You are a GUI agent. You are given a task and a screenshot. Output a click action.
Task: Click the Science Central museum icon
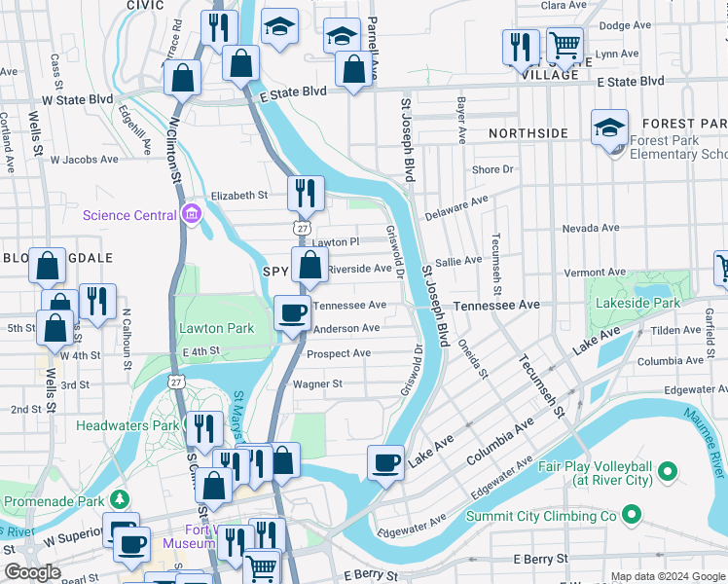(x=191, y=215)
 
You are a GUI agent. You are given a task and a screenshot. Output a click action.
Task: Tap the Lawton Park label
(x=215, y=328)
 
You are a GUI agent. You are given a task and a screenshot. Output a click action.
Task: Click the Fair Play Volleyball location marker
(x=668, y=473)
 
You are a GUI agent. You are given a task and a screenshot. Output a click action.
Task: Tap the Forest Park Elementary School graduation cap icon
(x=609, y=128)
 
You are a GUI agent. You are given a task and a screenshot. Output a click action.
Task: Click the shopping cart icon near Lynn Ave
(x=564, y=45)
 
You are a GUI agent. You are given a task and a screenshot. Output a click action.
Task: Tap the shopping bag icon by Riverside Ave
(x=309, y=264)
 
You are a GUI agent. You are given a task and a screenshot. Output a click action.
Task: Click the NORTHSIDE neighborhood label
(x=528, y=132)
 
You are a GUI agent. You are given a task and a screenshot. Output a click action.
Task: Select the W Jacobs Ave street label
(x=84, y=159)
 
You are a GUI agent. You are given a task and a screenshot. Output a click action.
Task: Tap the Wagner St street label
(x=318, y=383)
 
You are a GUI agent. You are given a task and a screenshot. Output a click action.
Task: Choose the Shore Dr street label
(x=492, y=169)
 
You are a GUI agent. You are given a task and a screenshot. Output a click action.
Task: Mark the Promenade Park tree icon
(x=120, y=500)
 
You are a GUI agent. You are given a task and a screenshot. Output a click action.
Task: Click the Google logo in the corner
(x=32, y=573)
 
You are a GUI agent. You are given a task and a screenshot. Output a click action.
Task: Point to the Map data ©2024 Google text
(x=668, y=576)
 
